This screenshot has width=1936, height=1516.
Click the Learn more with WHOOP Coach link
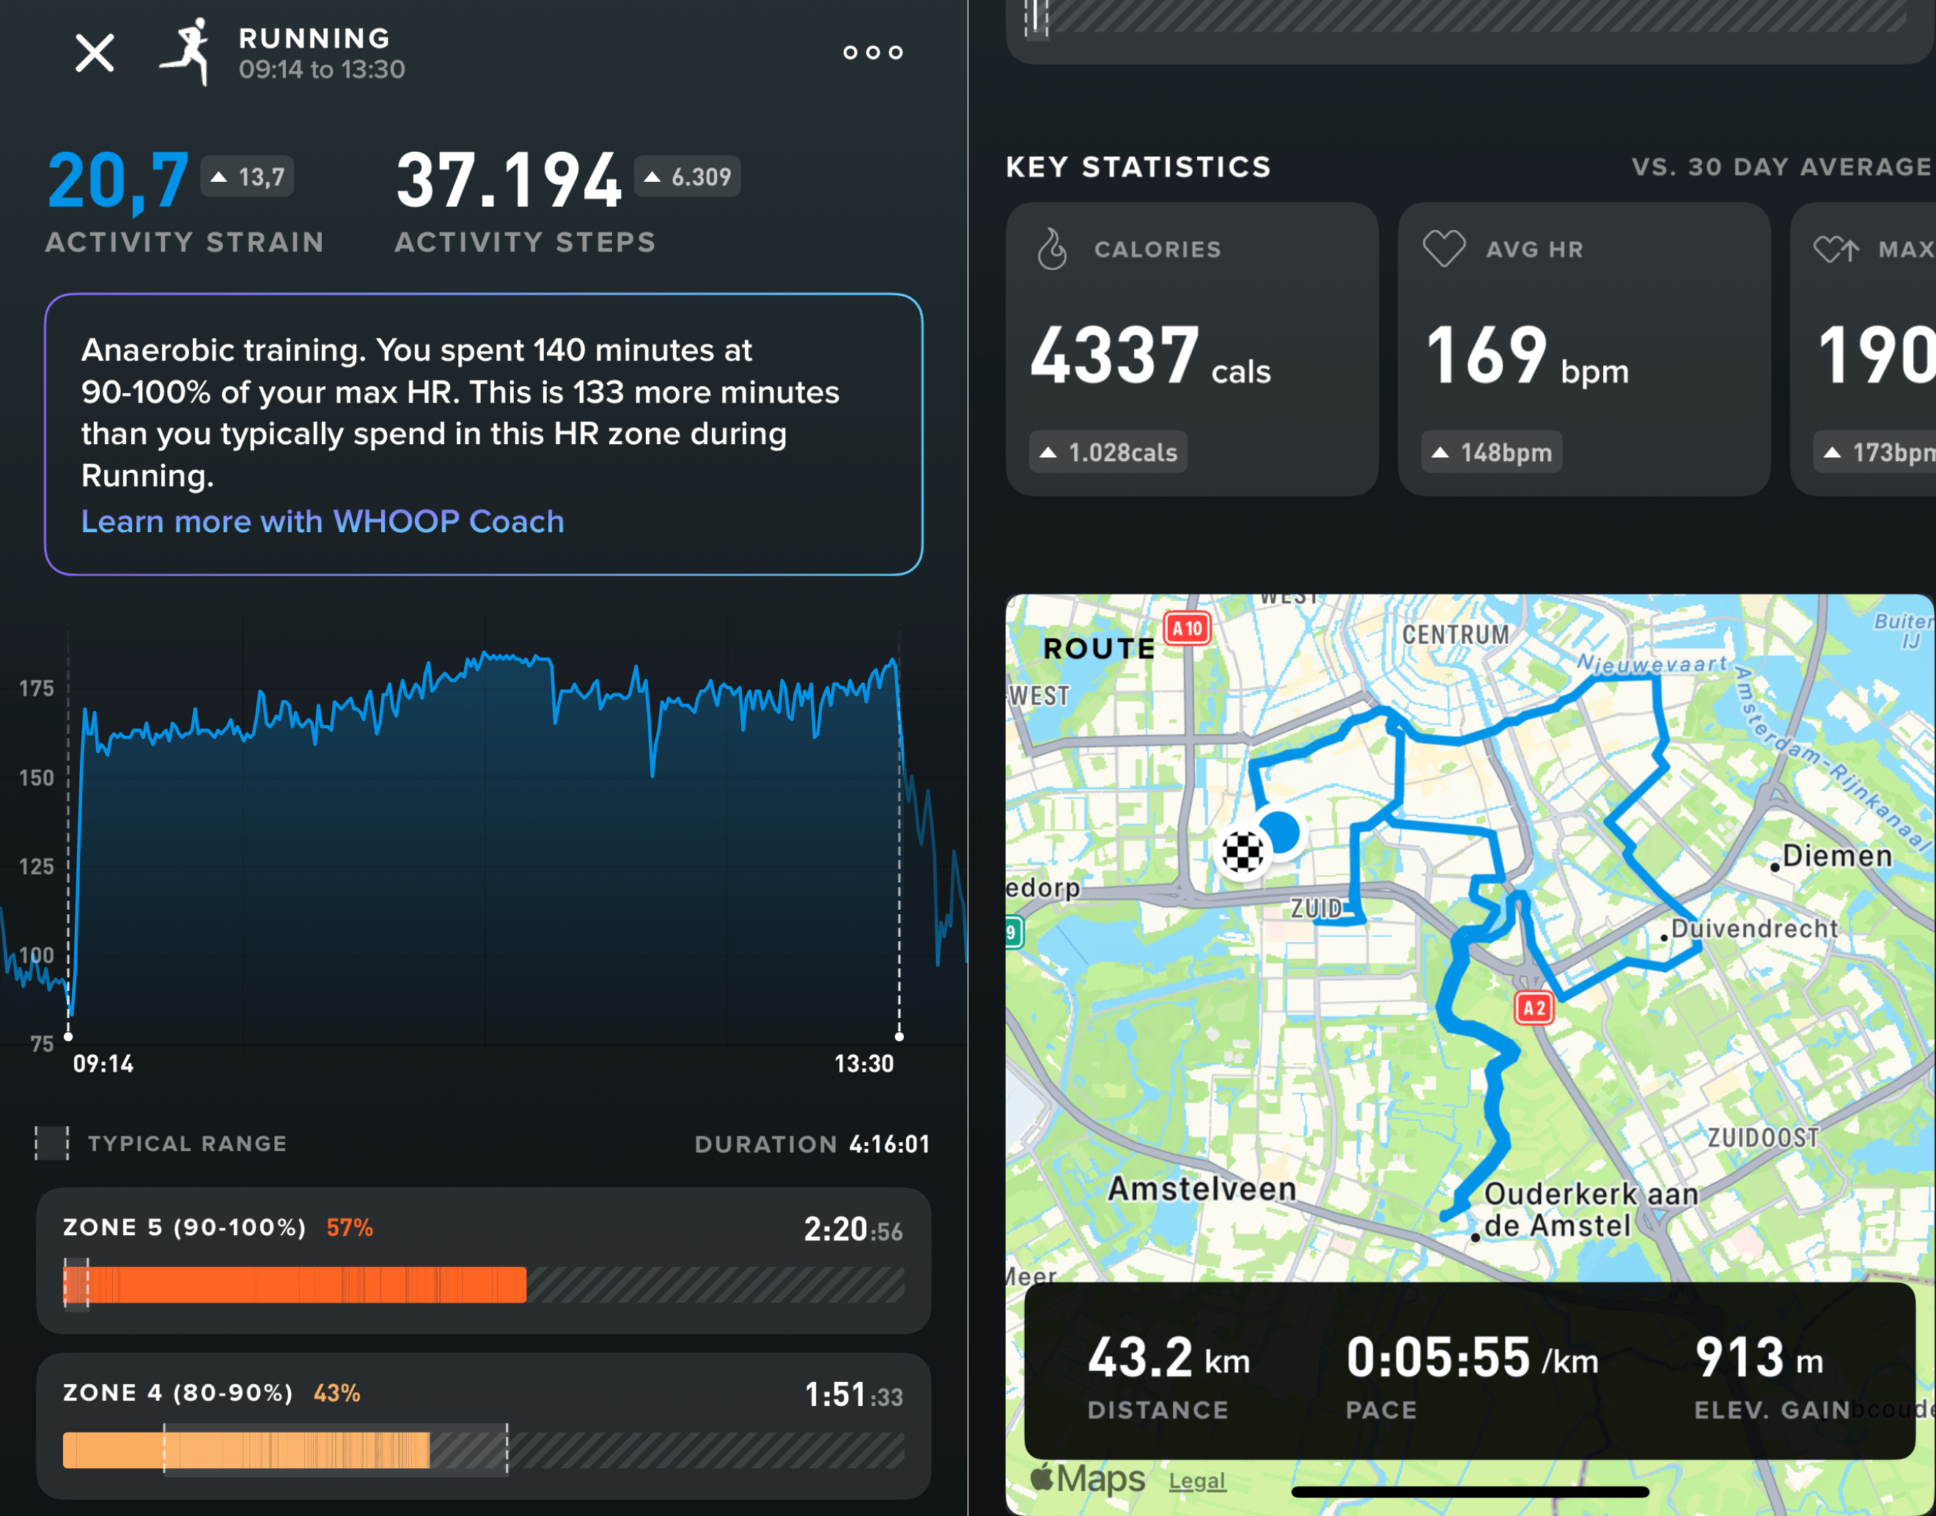point(323,521)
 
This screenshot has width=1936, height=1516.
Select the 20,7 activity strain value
point(118,181)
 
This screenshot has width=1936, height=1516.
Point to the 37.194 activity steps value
point(509,181)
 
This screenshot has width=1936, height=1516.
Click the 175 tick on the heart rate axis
point(37,689)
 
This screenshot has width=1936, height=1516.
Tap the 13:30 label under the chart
point(864,1064)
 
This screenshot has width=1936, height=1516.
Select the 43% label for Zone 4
point(336,1393)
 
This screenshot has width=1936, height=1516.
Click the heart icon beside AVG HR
point(1444,249)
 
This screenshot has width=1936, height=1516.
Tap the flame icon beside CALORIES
point(1053,249)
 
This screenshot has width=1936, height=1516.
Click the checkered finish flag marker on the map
point(1243,852)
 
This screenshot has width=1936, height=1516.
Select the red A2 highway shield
point(1534,1007)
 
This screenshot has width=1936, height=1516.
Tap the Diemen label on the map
point(1836,855)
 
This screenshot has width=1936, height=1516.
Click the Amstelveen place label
point(1202,1188)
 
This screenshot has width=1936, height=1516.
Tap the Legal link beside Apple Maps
point(1196,1481)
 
